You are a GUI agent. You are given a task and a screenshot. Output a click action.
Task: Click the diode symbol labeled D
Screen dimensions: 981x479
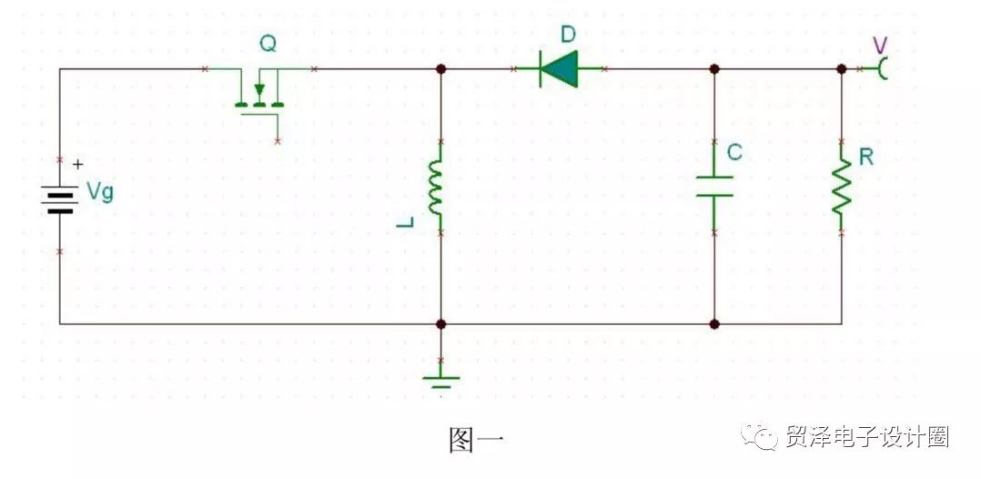(x=559, y=69)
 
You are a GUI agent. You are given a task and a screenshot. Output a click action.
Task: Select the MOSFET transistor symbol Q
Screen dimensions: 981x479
(x=259, y=97)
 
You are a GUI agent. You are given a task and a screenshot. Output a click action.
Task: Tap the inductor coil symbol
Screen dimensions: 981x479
(x=436, y=187)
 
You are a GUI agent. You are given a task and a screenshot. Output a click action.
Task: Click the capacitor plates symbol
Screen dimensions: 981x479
(x=714, y=186)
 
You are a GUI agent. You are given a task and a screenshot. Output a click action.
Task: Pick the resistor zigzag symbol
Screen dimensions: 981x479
(x=842, y=187)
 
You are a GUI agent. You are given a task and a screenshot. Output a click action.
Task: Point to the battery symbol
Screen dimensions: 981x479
(x=61, y=199)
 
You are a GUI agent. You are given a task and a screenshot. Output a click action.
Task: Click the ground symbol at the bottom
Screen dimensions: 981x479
(x=441, y=382)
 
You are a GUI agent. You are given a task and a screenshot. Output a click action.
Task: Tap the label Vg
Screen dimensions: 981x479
(x=100, y=192)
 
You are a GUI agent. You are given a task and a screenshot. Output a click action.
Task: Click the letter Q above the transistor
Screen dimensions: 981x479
(x=268, y=43)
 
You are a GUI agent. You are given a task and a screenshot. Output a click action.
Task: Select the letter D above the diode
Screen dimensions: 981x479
(x=568, y=35)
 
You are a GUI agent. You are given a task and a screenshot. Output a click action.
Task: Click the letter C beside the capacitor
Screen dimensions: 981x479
(x=734, y=152)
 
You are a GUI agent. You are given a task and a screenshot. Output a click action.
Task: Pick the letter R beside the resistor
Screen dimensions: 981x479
(x=866, y=157)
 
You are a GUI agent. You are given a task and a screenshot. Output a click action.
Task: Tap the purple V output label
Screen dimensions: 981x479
(x=880, y=46)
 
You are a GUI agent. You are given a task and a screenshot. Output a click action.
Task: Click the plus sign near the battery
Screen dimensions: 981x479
(x=77, y=164)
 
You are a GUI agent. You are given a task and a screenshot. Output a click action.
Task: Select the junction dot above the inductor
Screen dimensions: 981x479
(x=441, y=69)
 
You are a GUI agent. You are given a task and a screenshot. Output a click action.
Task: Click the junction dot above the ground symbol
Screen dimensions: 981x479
(x=441, y=323)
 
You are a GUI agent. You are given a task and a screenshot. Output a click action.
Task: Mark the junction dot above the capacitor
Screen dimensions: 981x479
(x=714, y=69)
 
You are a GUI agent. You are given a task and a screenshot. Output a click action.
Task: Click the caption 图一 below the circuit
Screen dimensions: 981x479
(x=476, y=440)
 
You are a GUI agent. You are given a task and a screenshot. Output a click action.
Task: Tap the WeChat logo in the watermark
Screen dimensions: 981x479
(x=758, y=435)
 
